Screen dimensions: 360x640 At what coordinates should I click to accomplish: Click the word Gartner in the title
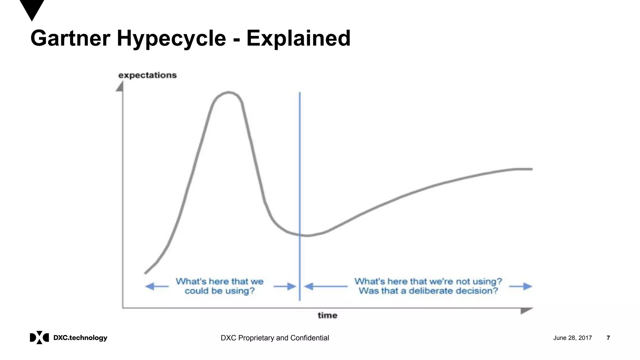[x=70, y=38]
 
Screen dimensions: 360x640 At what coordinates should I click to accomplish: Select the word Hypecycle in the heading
[x=171, y=38]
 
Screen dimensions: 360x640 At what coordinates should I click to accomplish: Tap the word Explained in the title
[x=298, y=38]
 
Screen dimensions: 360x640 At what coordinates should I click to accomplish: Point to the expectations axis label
[x=147, y=75]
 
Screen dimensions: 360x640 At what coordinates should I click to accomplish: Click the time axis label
[x=327, y=315]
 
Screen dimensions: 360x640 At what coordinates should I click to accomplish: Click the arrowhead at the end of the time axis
[x=526, y=311]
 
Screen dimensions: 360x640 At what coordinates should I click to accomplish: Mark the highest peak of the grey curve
[x=228, y=92]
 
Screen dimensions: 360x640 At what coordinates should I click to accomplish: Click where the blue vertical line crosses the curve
[x=300, y=235]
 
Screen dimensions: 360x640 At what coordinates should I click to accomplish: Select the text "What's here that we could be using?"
[x=219, y=286]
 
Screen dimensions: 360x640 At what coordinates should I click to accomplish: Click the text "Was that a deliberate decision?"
[x=428, y=291]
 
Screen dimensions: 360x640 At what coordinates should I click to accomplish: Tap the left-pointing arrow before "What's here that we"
[x=157, y=286]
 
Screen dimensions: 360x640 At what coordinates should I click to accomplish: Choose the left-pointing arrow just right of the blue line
[x=325, y=286]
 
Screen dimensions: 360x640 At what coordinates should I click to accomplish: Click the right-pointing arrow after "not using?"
[x=521, y=286]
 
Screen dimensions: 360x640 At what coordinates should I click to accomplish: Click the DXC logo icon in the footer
[x=39, y=337]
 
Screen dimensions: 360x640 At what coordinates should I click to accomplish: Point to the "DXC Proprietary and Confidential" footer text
[x=275, y=338]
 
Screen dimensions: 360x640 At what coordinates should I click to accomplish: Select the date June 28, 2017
[x=572, y=338]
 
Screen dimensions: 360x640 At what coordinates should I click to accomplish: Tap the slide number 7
[x=608, y=338]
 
